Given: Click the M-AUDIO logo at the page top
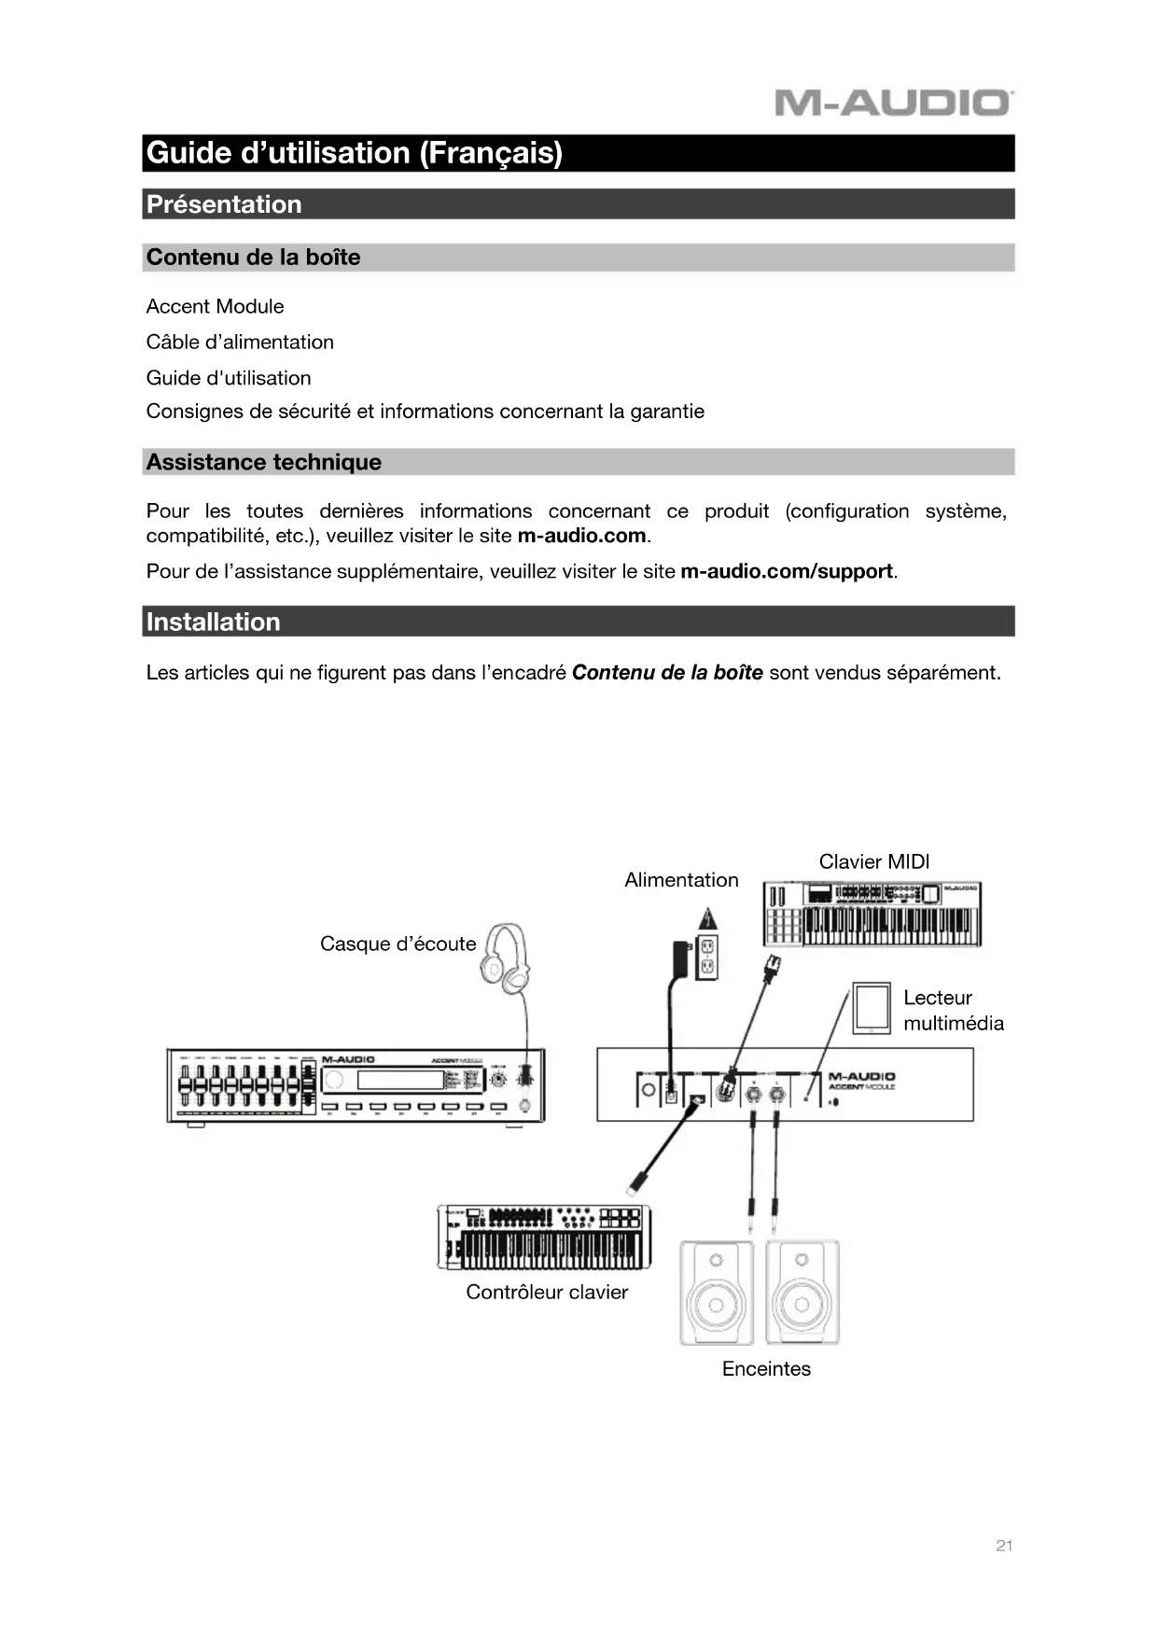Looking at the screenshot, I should click(x=893, y=103).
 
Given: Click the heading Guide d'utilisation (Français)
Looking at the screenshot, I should click(x=355, y=153).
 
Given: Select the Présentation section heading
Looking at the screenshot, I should click(x=224, y=204).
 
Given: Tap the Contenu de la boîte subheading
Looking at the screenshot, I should click(x=253, y=258).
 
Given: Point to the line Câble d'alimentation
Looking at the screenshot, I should click(x=240, y=343).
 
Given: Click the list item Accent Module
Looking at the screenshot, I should click(x=215, y=306).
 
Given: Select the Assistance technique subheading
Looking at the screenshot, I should click(x=263, y=462).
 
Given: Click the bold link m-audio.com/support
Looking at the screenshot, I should click(x=787, y=571).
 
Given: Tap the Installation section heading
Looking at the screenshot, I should click(x=213, y=623).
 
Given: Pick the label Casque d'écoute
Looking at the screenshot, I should click(x=398, y=944).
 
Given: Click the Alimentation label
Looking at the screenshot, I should click(x=681, y=880).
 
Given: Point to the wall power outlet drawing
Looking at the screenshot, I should click(x=707, y=957).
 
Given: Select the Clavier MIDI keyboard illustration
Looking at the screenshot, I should click(x=872, y=914).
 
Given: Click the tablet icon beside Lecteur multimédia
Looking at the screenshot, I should click(x=871, y=1008).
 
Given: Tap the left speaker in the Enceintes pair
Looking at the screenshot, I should click(x=716, y=1293).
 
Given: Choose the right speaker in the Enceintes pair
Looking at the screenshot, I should click(x=802, y=1293).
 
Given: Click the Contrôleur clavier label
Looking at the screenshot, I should click(x=547, y=1293).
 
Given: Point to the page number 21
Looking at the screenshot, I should click(x=1004, y=1546).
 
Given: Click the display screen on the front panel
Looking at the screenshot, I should click(x=399, y=1080).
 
